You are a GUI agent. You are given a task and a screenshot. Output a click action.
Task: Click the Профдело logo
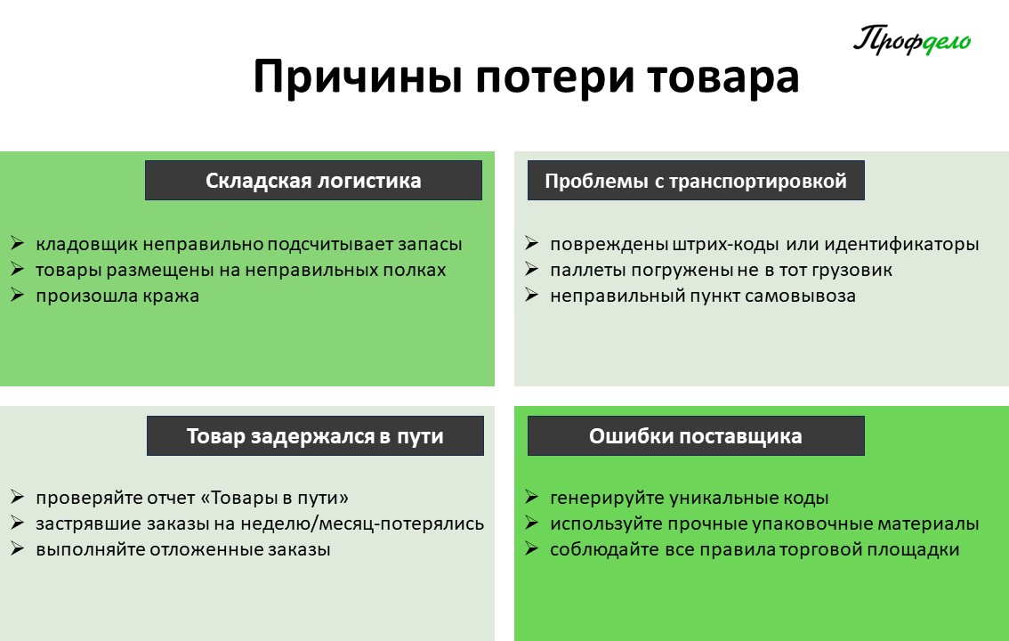[x=912, y=40]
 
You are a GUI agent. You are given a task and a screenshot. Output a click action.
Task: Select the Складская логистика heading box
[x=313, y=180]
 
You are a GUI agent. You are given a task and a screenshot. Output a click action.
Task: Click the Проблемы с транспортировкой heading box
[x=696, y=180]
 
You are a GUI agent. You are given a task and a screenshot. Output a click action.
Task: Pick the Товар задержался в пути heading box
[x=315, y=435]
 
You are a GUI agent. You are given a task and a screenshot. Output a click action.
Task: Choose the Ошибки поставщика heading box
[x=696, y=435]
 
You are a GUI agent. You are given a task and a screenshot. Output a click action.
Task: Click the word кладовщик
[x=87, y=245]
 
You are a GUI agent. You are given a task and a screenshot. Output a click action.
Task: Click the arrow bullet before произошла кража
[x=18, y=296]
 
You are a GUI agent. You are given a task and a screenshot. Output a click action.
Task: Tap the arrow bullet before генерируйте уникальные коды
[x=531, y=497]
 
